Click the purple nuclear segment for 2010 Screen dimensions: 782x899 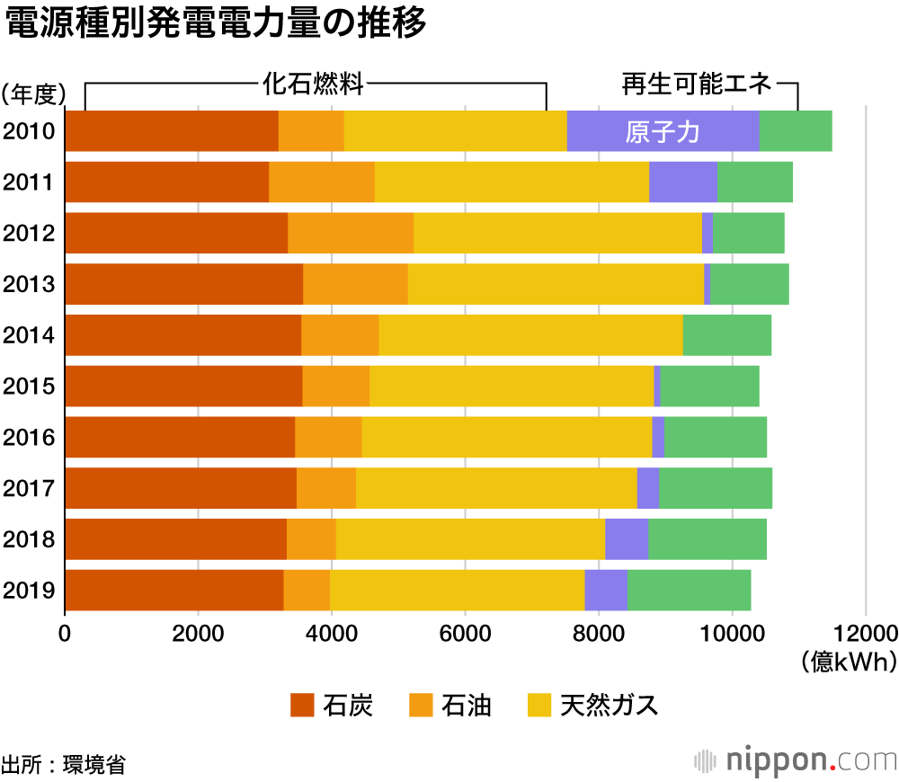point(663,131)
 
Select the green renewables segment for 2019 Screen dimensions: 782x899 point(689,591)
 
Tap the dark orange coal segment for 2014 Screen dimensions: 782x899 point(183,335)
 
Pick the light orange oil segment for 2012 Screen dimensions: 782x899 point(351,234)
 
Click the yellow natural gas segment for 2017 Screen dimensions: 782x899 point(496,488)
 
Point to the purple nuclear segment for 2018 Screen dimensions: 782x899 point(627,539)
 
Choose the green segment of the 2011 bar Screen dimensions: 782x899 point(755,182)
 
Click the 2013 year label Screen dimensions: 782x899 point(30,285)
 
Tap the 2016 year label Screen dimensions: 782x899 point(30,438)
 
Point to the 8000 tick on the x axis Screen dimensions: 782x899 point(598,632)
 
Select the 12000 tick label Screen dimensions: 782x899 point(865,632)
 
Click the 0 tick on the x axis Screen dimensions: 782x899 point(65,632)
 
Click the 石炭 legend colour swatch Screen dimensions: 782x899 point(302,706)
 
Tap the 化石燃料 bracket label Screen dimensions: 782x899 point(314,84)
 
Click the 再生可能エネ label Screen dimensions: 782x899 point(697,84)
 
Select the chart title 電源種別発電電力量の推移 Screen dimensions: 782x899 point(216,25)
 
